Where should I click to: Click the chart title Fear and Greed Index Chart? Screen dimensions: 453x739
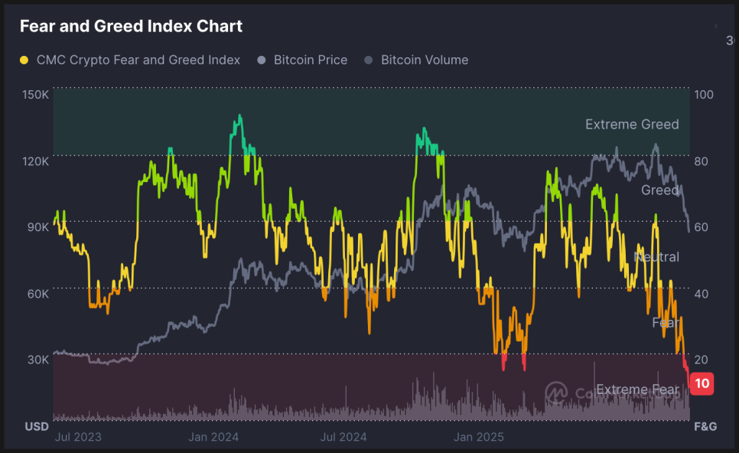coord(131,26)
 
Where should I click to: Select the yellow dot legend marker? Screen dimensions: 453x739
coord(24,60)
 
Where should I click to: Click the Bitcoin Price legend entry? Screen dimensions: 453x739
coord(311,60)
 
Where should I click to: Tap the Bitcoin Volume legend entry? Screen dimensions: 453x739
coord(425,60)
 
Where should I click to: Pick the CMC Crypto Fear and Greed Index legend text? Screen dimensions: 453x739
coord(138,60)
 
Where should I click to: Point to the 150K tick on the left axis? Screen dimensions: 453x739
coord(36,95)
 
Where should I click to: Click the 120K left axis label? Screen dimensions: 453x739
coord(36,161)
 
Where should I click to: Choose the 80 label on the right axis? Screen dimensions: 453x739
coord(702,161)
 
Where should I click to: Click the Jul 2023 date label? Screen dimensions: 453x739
coord(78,437)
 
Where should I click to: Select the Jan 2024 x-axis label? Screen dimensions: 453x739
coord(213,437)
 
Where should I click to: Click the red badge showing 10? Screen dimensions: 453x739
coord(702,383)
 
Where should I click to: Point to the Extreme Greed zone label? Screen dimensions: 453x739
coord(632,124)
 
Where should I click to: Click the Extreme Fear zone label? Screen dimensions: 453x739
coord(636,389)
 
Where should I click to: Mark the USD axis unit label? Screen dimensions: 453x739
coord(37,426)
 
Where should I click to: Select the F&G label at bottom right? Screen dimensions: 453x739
coord(705,426)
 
